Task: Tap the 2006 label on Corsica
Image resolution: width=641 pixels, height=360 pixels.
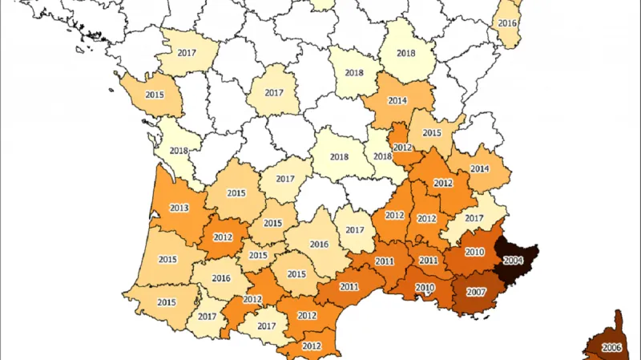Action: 612,347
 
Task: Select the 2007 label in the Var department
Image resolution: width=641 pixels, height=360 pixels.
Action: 477,291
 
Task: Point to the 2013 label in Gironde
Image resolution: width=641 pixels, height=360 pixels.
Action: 179,208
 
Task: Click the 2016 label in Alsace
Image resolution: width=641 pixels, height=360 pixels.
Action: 507,24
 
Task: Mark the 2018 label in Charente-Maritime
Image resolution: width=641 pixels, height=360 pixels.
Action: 179,151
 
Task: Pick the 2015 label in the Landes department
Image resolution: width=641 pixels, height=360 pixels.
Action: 167,260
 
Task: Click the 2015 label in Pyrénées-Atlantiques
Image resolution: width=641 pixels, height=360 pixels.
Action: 167,303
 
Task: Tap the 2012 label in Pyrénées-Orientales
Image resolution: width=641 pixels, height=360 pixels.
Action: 312,346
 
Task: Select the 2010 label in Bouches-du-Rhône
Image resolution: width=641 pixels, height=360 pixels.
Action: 425,288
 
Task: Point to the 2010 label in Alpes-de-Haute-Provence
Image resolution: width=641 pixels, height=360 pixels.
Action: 475,253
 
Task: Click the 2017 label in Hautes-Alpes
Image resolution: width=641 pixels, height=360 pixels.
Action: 474,218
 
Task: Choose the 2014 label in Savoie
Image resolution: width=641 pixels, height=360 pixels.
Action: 480,169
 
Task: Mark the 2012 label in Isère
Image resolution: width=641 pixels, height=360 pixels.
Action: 442,184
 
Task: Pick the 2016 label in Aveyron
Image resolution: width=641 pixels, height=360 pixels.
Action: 319,245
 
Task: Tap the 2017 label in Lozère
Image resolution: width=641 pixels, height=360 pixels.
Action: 355,230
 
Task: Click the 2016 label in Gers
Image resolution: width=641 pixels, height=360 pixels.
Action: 222,278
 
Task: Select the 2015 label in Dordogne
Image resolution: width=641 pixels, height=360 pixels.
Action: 236,193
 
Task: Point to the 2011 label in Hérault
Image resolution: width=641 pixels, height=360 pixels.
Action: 349,287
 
